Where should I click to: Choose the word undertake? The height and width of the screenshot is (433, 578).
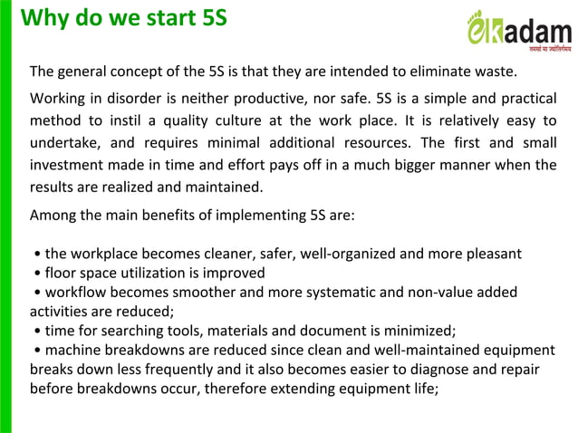(65, 142)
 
